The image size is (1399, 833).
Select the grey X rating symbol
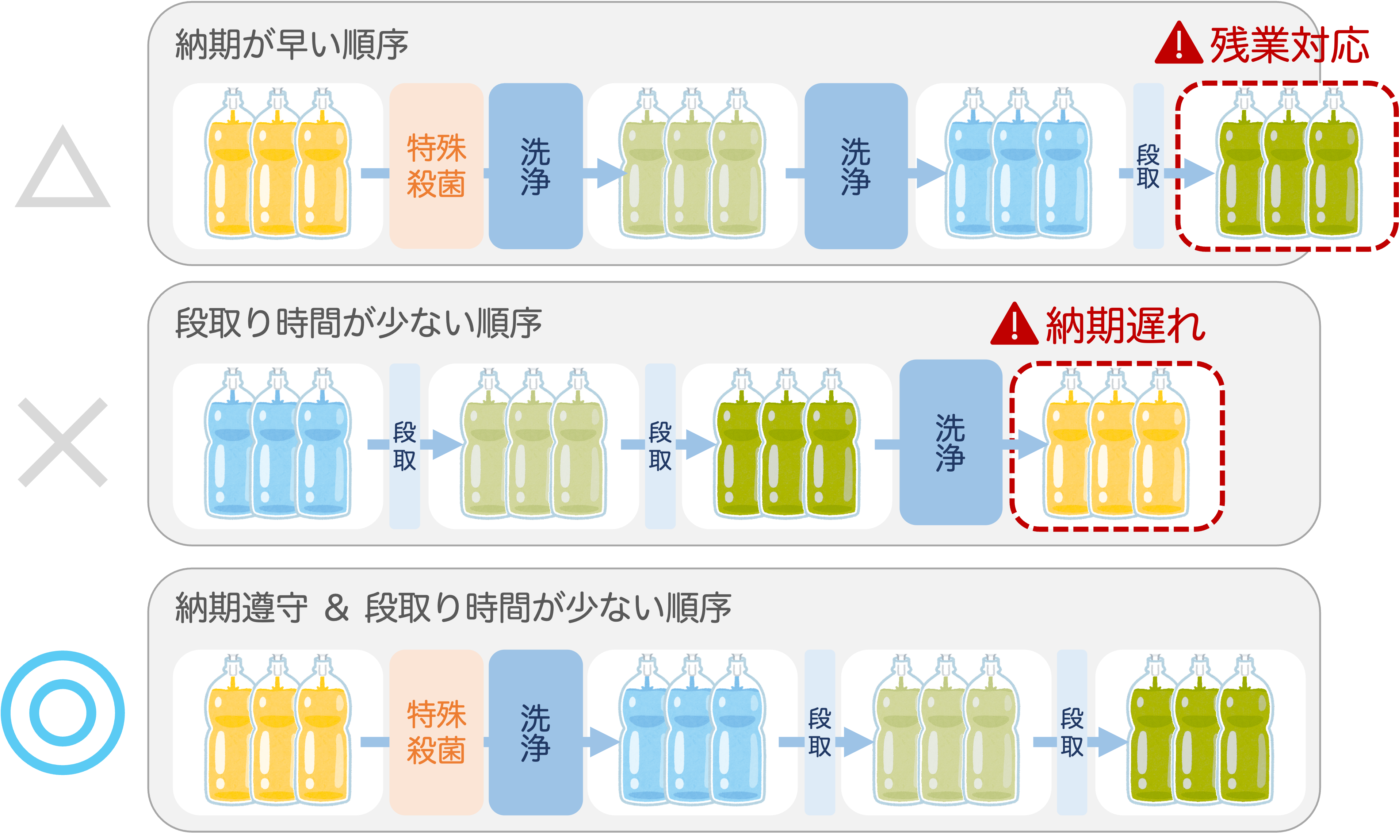click(63, 442)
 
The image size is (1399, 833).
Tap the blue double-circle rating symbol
click(63, 713)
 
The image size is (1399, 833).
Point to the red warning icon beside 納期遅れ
click(1014, 325)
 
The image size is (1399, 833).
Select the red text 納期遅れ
click(1125, 326)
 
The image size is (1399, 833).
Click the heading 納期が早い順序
click(291, 45)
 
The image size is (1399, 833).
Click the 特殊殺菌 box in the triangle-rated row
click(436, 166)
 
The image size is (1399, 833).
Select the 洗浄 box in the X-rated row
click(951, 442)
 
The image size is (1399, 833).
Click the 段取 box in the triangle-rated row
click(1148, 166)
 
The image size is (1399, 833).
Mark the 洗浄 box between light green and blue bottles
click(856, 166)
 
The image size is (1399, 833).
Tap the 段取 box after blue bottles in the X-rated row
click(404, 446)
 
